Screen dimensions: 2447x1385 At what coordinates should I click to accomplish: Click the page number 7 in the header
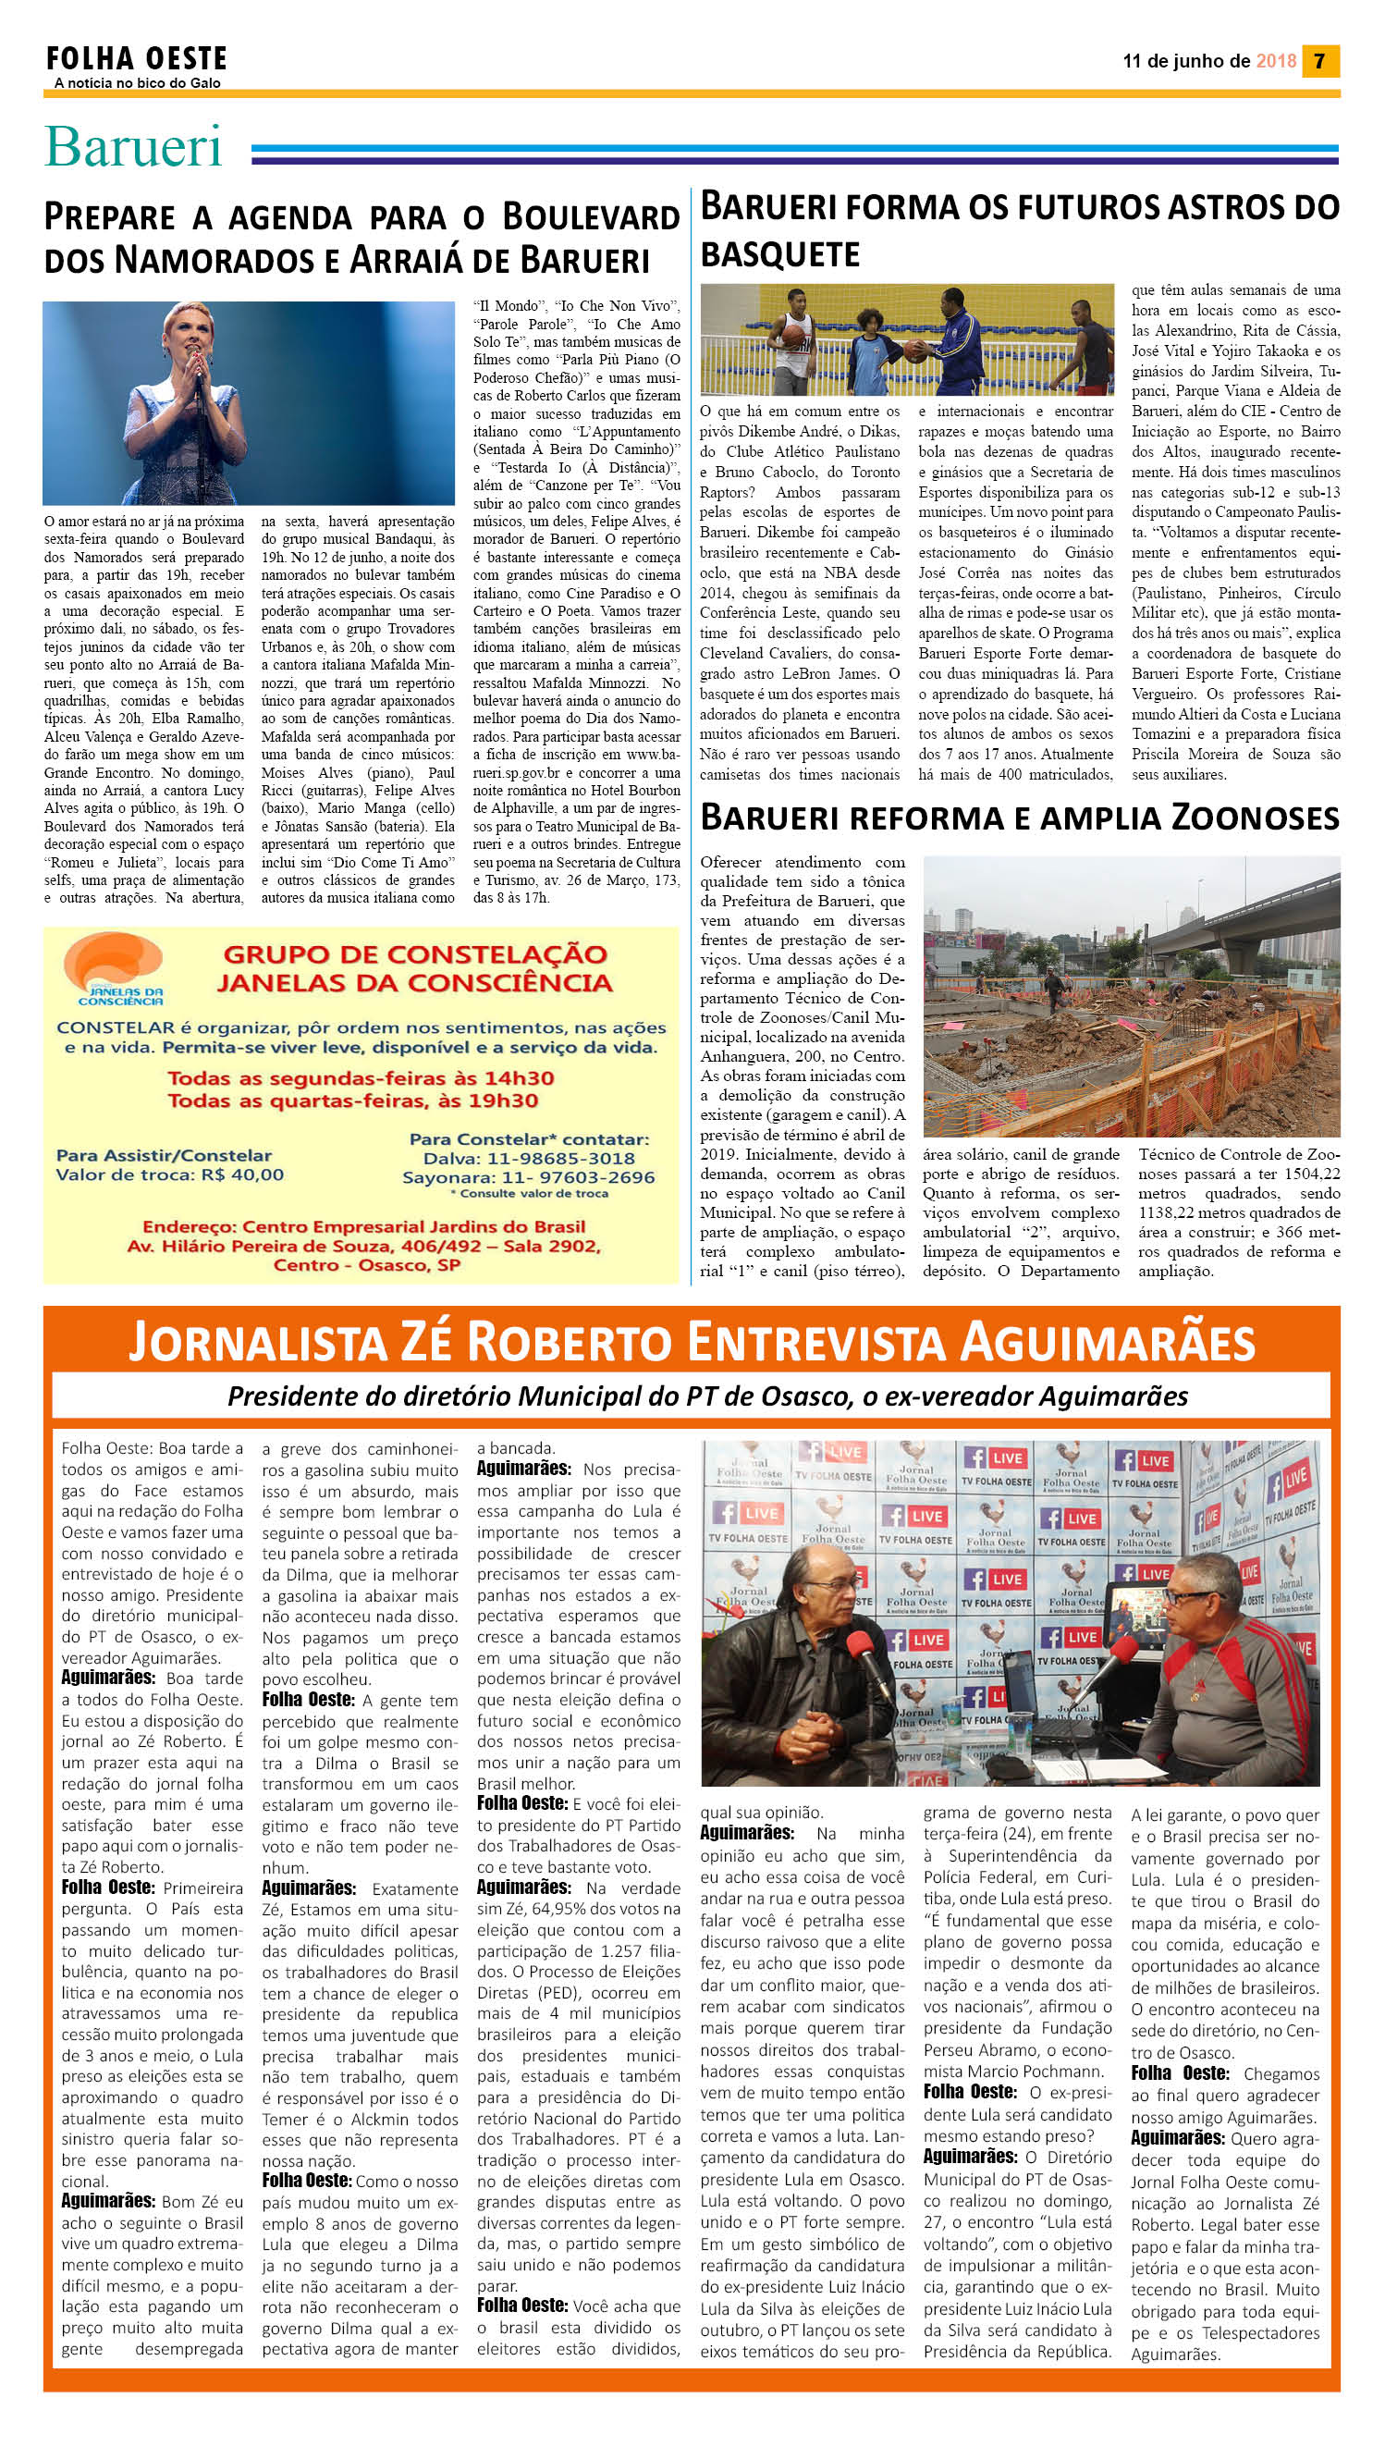[x=1319, y=61]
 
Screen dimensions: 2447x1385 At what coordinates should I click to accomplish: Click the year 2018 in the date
[x=1276, y=61]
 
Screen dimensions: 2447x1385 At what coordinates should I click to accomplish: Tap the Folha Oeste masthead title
[x=136, y=59]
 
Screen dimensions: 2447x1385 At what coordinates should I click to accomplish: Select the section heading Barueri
[x=133, y=146]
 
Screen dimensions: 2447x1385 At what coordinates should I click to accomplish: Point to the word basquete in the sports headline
[x=779, y=254]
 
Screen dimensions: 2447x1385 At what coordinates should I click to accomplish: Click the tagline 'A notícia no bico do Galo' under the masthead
[x=138, y=83]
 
